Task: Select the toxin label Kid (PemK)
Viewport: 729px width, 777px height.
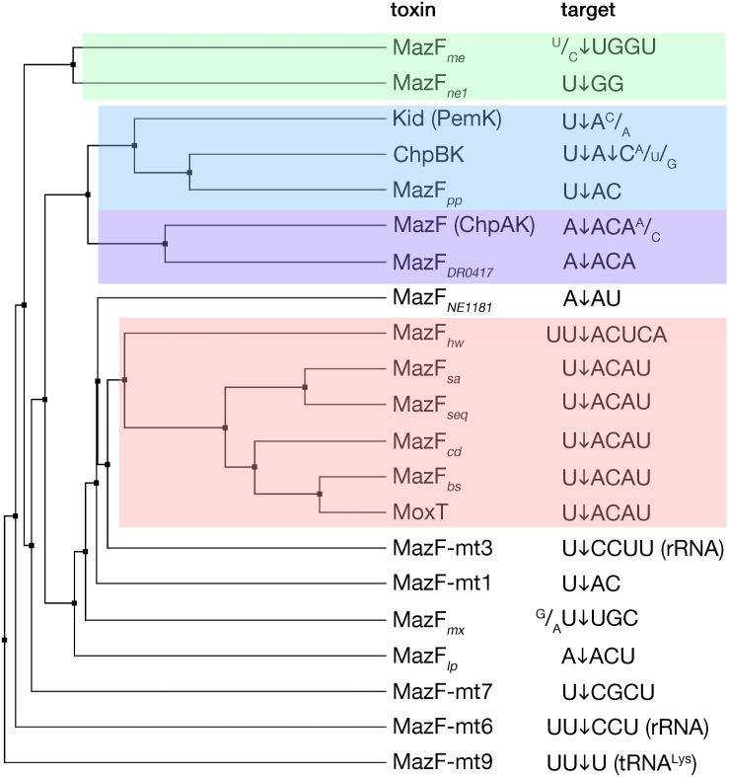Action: click(446, 119)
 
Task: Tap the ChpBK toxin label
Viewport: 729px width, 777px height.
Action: click(425, 156)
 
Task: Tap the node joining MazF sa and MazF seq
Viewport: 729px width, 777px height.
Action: click(305, 387)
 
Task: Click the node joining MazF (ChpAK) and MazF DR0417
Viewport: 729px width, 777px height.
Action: click(165, 243)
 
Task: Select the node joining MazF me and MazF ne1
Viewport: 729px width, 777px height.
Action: click(74, 65)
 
